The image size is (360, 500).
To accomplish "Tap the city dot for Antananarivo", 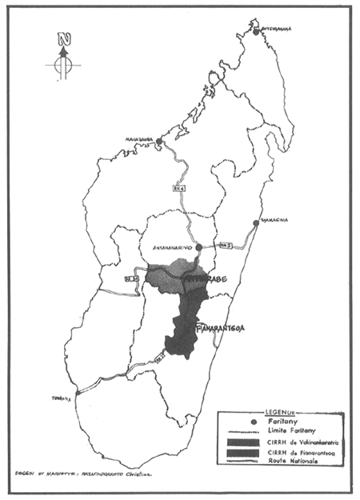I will click(198, 248).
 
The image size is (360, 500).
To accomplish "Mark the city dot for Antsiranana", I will click(256, 31).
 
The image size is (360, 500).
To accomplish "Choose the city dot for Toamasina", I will click(256, 223).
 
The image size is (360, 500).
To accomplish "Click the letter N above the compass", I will click(64, 40).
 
